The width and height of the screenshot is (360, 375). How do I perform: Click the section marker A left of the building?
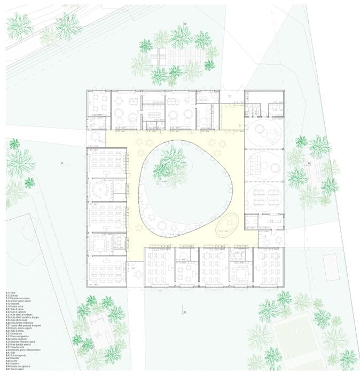(62, 162)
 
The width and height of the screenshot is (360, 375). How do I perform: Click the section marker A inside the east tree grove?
(308, 162)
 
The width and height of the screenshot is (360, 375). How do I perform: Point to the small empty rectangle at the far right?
(330, 267)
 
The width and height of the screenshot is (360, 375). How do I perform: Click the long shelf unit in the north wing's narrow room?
(154, 116)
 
